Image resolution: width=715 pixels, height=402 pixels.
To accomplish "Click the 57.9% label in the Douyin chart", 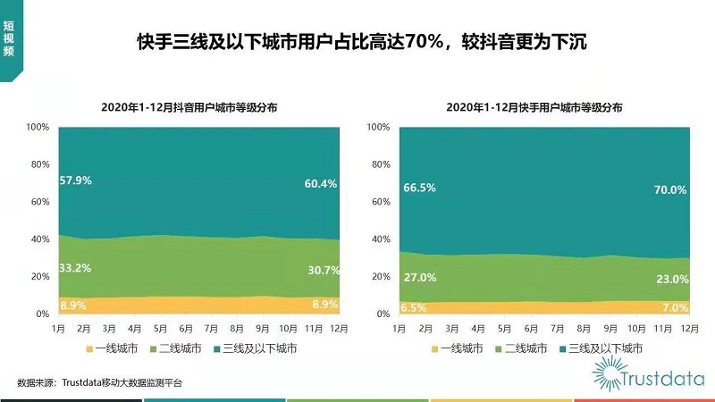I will click(x=76, y=180).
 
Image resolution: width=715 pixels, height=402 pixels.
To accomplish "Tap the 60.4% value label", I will click(x=320, y=184).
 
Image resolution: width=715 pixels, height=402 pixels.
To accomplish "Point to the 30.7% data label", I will click(x=320, y=270).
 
